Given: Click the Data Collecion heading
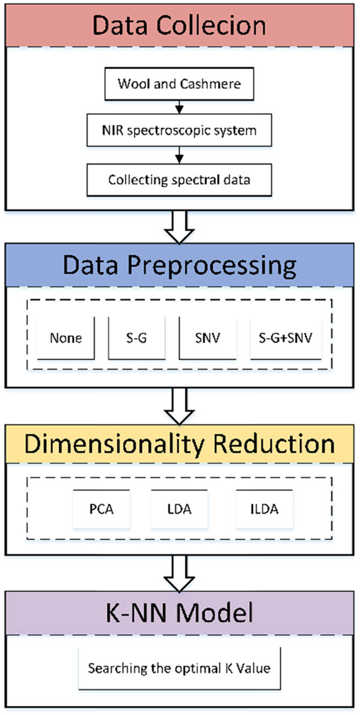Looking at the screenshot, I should (179, 25).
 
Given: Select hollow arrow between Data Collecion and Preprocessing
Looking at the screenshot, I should (179, 225).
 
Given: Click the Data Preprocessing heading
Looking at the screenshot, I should (179, 265).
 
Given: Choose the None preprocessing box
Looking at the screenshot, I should (67, 338).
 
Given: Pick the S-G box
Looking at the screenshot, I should (137, 338).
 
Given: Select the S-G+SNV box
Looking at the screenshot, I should (282, 338).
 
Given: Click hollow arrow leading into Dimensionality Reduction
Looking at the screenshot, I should (179, 404).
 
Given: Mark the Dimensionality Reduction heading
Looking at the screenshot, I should (179, 444).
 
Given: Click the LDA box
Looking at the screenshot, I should (178, 510).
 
